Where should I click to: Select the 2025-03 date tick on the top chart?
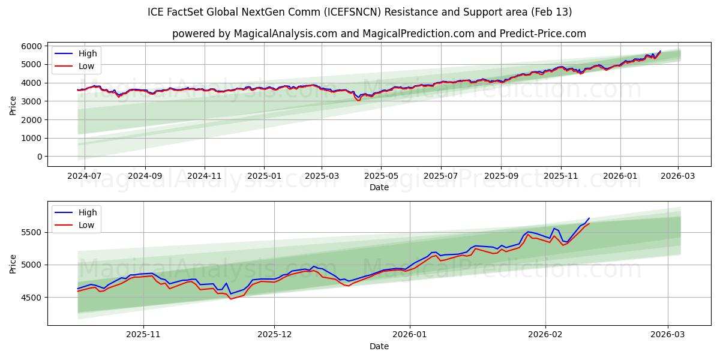[x=322, y=176]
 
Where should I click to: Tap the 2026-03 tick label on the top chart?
[x=678, y=176]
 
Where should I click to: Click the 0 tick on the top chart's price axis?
[x=39, y=157]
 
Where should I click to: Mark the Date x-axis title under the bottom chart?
[x=379, y=346]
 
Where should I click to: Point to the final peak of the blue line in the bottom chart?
[x=589, y=218]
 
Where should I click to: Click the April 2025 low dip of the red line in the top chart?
[x=359, y=100]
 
